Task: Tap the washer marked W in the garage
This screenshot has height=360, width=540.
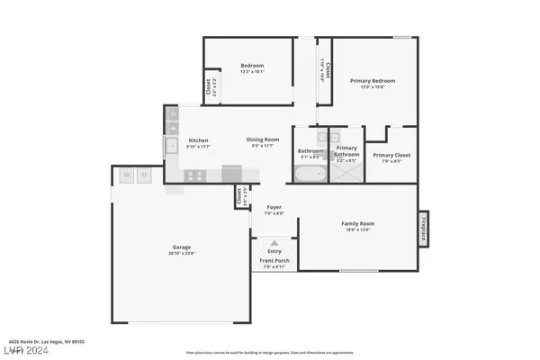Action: point(127,175)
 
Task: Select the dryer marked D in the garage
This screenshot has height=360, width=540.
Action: point(144,175)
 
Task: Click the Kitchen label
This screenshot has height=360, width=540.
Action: point(198,139)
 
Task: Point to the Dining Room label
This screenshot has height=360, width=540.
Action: point(264,139)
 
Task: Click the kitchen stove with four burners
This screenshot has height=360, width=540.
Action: point(195,175)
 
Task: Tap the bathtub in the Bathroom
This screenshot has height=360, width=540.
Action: point(310,174)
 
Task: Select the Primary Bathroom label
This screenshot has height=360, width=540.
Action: point(347,150)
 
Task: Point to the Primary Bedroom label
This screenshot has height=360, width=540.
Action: point(373,81)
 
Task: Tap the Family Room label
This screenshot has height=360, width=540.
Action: point(357,223)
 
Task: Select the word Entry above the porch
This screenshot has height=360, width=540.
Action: point(274,250)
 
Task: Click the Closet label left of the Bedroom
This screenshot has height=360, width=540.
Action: point(209,86)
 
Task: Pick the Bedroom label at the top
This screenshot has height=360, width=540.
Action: point(251,66)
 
